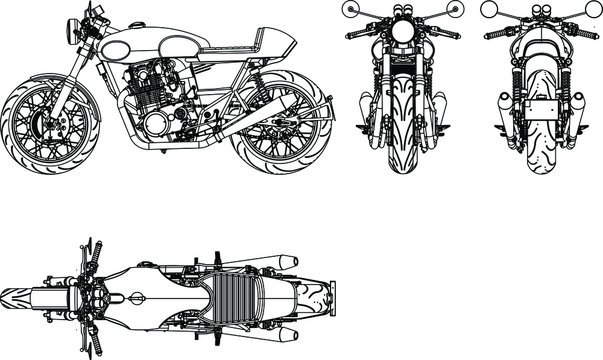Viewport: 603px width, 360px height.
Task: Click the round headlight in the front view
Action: tap(403, 31)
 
